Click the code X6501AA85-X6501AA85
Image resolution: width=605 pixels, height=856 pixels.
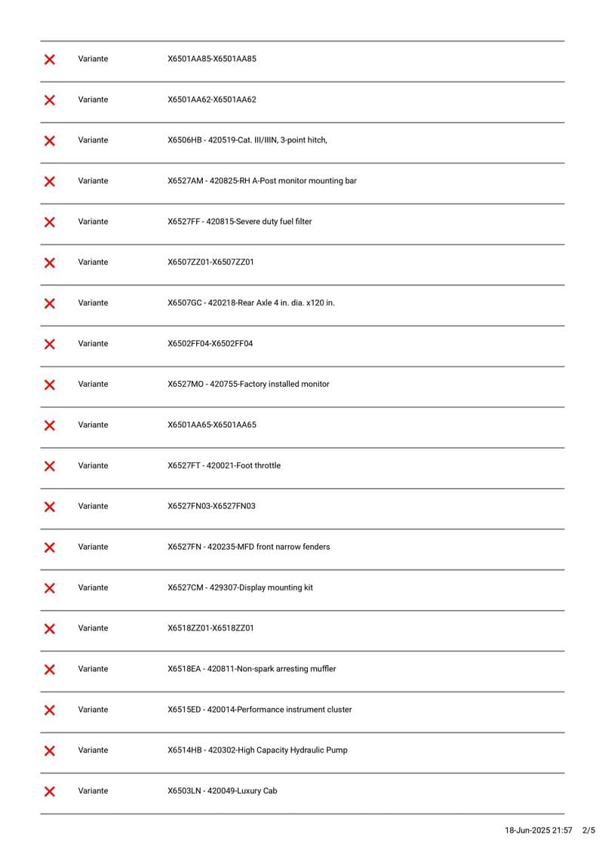212,59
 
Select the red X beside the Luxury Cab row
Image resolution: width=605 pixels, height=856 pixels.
50,791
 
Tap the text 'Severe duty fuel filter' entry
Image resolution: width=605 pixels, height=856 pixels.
239,222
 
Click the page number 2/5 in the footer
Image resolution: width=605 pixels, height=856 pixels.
589,830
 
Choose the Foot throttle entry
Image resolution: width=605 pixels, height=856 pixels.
224,466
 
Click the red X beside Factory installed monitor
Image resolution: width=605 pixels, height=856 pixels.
50,385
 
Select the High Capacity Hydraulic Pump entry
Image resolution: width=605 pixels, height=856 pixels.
257,750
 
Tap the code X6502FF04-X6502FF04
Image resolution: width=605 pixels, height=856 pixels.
210,344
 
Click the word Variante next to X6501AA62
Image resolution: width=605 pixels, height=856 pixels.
93,100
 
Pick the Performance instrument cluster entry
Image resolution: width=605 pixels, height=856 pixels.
260,710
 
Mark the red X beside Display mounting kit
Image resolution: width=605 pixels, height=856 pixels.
50,588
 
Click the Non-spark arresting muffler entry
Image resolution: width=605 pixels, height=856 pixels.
252,669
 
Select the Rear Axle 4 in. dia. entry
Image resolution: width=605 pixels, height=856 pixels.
251,303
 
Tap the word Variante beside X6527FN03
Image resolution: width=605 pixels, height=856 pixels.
93,506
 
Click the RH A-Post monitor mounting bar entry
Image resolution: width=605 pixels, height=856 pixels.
263,181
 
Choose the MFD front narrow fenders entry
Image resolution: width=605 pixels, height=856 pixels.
249,547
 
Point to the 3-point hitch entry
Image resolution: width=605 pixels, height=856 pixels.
247,140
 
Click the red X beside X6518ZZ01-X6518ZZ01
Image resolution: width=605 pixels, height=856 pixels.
50,629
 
